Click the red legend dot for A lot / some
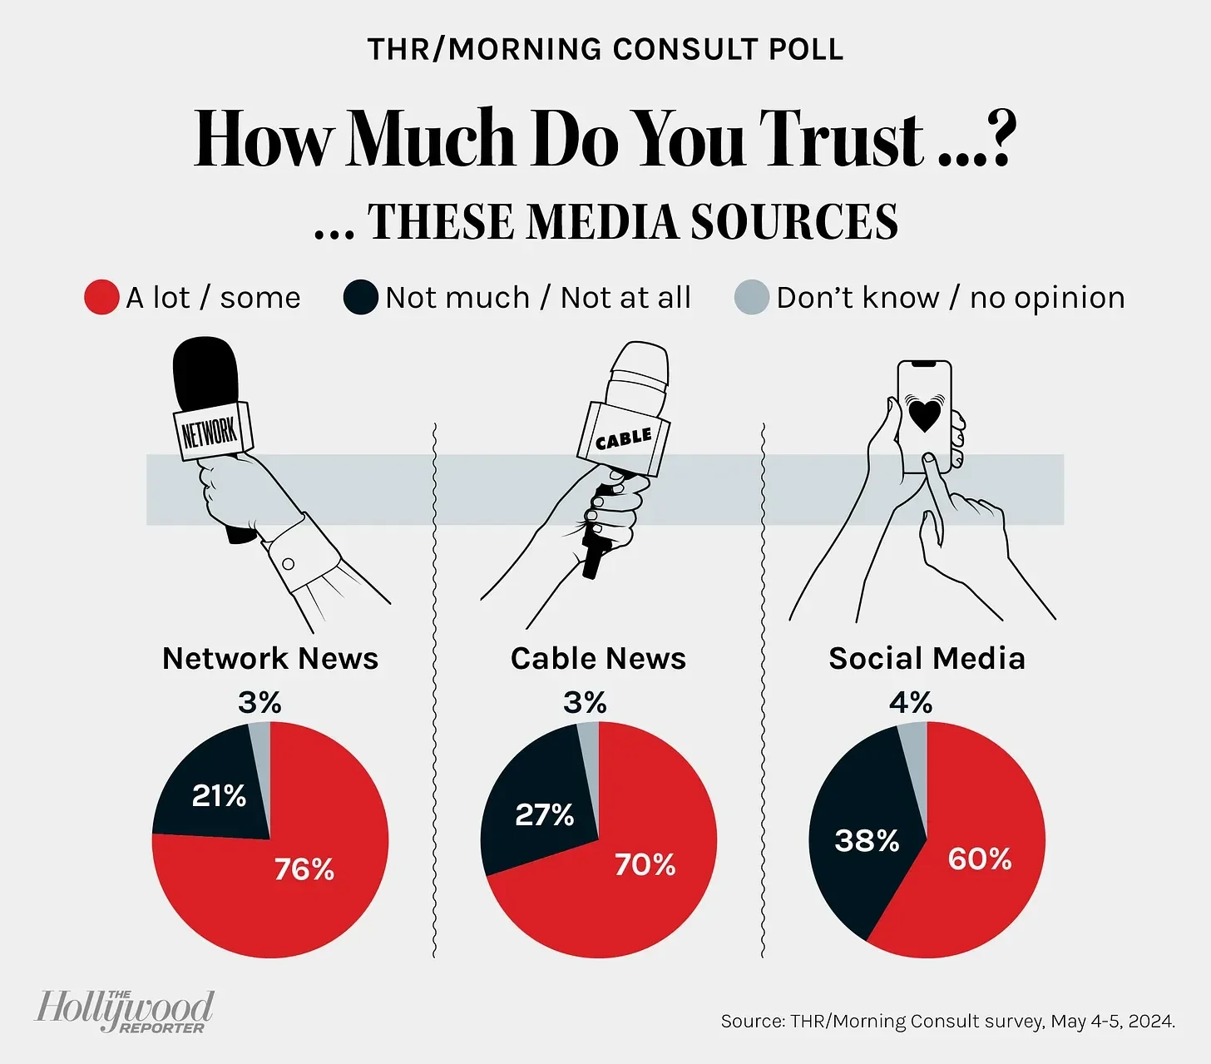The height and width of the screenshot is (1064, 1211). click(x=101, y=298)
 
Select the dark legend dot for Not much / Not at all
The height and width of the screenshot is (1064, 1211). click(x=361, y=298)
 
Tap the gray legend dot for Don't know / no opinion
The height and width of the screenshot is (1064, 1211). click(x=752, y=298)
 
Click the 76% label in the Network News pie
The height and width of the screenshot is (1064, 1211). click(x=304, y=869)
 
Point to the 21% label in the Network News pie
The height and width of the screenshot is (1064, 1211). click(x=219, y=796)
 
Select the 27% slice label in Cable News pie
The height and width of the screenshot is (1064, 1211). click(x=545, y=814)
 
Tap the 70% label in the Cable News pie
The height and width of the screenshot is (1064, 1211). click(x=645, y=865)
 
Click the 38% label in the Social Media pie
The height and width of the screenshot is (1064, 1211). click(x=867, y=840)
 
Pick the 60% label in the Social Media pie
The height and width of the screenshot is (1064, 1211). click(x=980, y=859)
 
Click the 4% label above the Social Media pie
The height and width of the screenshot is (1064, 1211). click(x=911, y=703)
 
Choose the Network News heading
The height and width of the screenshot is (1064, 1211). click(x=270, y=659)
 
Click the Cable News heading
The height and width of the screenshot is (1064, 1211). click(x=598, y=659)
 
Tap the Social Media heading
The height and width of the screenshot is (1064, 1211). click(x=927, y=659)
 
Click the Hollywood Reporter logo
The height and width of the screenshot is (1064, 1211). click(x=125, y=1011)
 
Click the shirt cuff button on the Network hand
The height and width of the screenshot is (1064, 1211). click(x=289, y=564)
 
